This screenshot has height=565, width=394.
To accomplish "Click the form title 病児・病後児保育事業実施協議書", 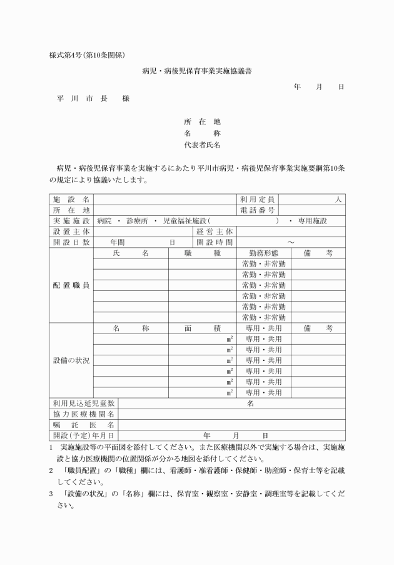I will coord(197,72).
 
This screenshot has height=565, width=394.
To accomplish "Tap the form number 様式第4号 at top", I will coord(71,54).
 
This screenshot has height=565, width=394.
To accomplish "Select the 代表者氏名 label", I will coord(202,143).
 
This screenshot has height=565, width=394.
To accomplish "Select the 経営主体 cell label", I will coord(215,232).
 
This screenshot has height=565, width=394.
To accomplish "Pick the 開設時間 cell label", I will coord(215,242).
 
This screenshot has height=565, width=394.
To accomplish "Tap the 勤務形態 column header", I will coord(263,253).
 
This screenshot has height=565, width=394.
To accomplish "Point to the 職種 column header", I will coord(203,253).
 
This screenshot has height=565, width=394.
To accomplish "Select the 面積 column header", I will coord(203,328).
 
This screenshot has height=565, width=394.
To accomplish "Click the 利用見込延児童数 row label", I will coord(84,404).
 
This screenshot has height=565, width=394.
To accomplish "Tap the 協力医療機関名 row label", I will coord(84,414).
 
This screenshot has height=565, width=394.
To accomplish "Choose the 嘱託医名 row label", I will coord(84,425).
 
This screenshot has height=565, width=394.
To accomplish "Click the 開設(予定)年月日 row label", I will coord(84,435).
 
